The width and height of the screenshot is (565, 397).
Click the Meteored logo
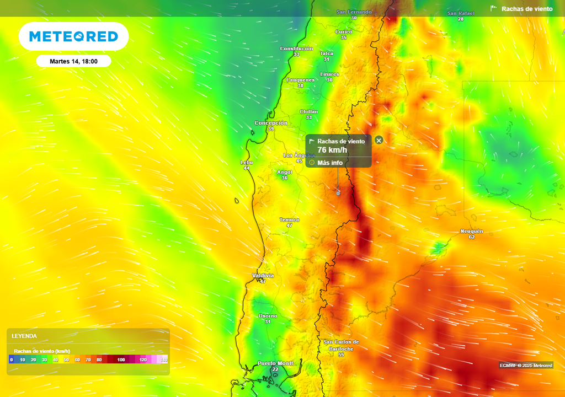coord(73,36)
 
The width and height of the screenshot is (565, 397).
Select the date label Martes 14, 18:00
coord(73,61)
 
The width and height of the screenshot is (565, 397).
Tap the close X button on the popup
coord(379,140)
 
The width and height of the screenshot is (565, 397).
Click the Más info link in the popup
coord(329,163)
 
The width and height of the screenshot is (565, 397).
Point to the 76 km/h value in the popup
coord(332,150)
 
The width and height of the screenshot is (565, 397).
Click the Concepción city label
coord(270,123)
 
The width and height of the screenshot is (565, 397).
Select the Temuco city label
coord(289,220)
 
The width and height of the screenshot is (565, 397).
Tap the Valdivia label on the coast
coord(263,276)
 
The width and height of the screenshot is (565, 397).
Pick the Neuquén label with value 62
coord(472,231)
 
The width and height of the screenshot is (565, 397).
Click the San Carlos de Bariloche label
coord(341,345)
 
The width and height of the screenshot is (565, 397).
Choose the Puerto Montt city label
coord(275,363)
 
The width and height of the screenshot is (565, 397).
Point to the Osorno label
coord(268,316)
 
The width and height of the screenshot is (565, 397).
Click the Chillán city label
coord(308,112)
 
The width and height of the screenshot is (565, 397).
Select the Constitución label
coord(296,49)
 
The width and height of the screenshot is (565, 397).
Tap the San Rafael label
coord(460,13)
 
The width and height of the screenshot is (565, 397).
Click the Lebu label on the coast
coord(247,163)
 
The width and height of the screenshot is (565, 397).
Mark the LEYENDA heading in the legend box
coord(24,336)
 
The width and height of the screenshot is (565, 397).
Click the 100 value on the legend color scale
coord(121,360)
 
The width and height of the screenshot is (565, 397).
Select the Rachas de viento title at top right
coord(526,9)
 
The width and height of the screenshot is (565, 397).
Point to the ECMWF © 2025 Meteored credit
coord(525,366)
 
